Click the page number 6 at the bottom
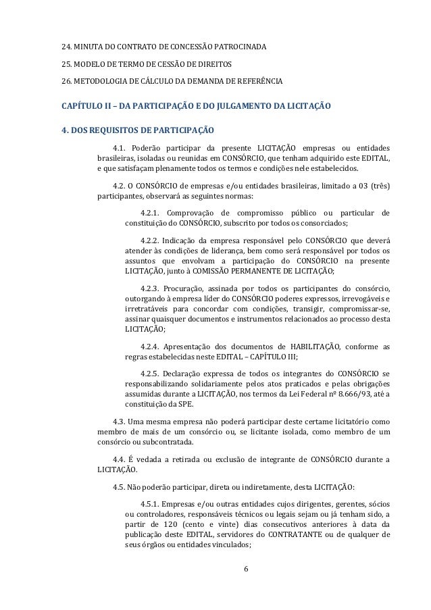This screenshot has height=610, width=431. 246,585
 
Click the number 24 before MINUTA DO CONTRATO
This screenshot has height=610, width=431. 66,47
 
